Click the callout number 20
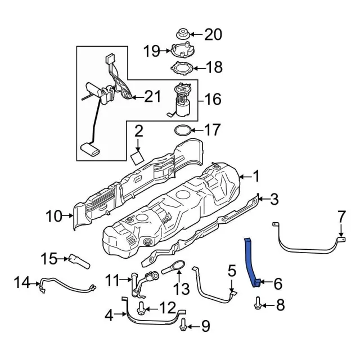pyautogui.click(x=213, y=34)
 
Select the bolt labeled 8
pyautogui.click(x=256, y=305)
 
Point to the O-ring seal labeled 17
pyautogui.click(x=182, y=131)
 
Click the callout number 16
pyautogui.click(x=213, y=100)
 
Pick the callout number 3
pyautogui.click(x=274, y=199)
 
